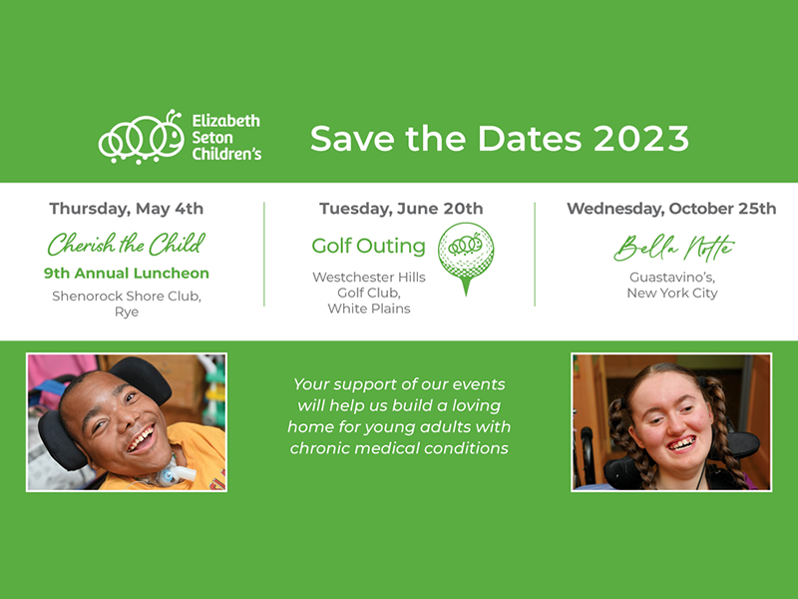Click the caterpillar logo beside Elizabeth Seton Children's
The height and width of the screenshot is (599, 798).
(x=141, y=137)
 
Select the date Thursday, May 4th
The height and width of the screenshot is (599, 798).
(x=127, y=209)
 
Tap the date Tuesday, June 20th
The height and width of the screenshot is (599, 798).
(x=401, y=209)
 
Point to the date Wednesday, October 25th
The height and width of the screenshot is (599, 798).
(x=671, y=209)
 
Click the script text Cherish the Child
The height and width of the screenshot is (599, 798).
(x=127, y=244)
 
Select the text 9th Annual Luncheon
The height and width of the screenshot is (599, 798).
(x=127, y=273)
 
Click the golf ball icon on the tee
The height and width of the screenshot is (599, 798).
(x=466, y=251)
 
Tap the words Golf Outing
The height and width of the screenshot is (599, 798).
(x=368, y=246)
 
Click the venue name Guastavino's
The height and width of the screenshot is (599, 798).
(x=671, y=278)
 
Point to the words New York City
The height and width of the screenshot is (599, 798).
(x=671, y=293)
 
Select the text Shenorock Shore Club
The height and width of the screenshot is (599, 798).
(x=127, y=296)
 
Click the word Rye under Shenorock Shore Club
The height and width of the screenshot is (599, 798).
(x=127, y=311)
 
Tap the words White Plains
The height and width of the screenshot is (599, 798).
(x=369, y=308)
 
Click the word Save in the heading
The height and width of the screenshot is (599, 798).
(x=352, y=139)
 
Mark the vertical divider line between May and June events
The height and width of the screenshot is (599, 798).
(x=264, y=255)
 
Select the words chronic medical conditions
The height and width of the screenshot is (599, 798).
(x=399, y=448)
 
